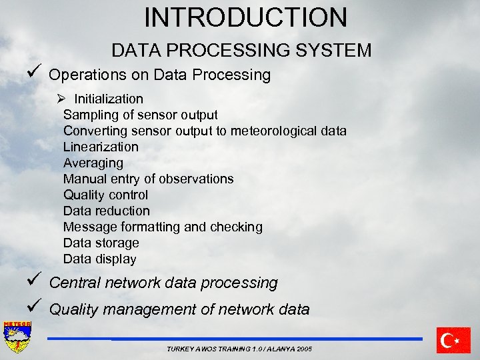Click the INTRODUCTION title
pos(245,17)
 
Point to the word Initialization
pos(109,99)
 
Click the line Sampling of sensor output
pos(140,115)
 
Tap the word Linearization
pos(101,147)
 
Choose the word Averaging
pos(93,163)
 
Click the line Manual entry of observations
pos(148,179)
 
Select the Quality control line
pos(105,195)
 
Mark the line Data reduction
pos(107,211)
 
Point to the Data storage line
pos(101,243)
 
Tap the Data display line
pos(99,259)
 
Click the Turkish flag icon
pos(453,340)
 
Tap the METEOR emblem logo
pos(17,338)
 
